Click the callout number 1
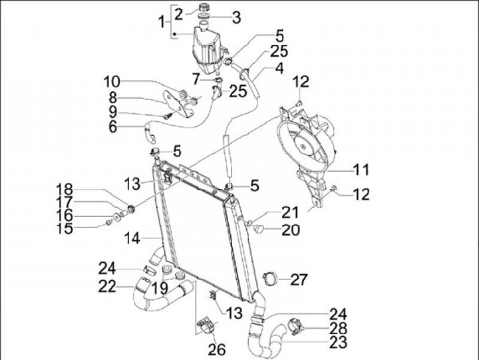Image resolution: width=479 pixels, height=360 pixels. pos(160,23)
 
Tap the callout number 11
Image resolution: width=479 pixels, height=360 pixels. pos(361,170)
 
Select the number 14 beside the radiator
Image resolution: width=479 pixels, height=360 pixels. pos(130,237)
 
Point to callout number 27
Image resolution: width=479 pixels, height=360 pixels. pos(299,278)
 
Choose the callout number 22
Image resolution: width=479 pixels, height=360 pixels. pos(108,287)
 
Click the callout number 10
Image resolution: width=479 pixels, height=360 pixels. pos(111,83)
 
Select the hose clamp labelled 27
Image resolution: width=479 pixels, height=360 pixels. pos(269,278)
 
